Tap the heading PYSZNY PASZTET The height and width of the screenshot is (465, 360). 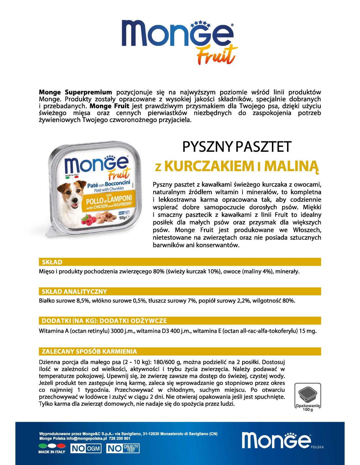236,147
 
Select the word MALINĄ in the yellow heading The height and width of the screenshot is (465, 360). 291,166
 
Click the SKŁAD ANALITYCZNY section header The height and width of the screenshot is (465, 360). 74,291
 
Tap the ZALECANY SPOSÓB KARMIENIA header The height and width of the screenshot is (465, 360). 89,352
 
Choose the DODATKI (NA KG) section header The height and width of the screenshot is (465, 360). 104,321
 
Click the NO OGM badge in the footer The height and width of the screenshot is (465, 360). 86,448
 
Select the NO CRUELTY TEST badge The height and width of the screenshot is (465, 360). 123,448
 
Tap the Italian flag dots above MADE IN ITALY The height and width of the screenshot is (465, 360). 52,445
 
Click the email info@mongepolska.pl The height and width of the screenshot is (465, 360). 87,439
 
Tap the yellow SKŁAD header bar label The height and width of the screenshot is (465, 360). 52,262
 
